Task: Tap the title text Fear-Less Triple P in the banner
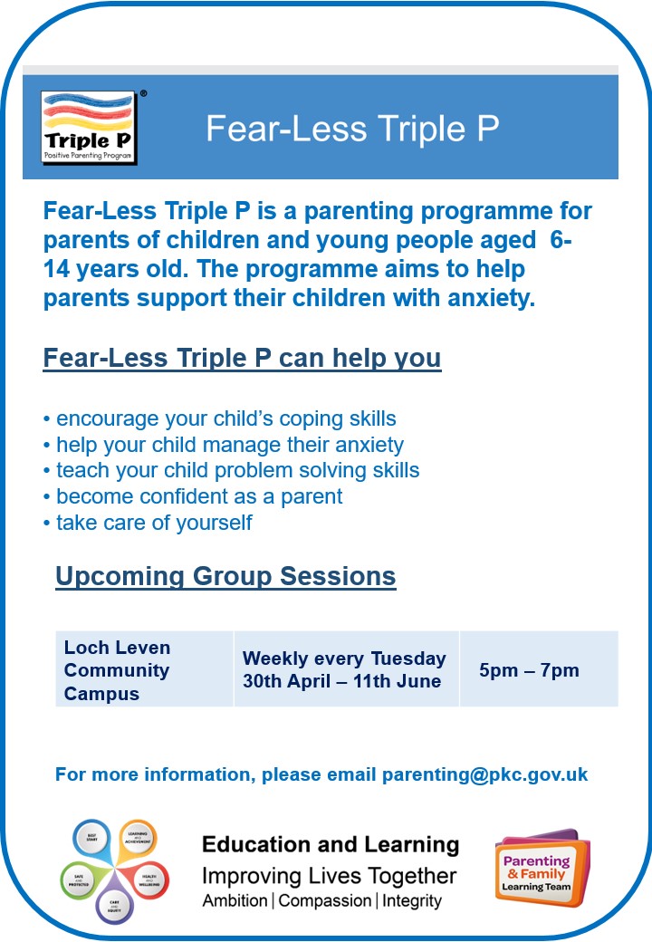(x=352, y=129)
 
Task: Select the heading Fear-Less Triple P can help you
(x=242, y=358)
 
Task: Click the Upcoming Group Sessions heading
(x=225, y=576)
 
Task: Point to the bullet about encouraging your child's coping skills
(x=220, y=419)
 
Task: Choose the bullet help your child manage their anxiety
(x=224, y=446)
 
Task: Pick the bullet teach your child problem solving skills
(x=232, y=471)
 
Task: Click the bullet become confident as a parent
(x=193, y=496)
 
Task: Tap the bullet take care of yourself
(x=148, y=523)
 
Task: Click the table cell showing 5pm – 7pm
(x=529, y=670)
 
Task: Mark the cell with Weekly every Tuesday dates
(x=345, y=670)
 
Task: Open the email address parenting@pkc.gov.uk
(x=484, y=774)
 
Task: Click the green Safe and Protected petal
(x=78, y=877)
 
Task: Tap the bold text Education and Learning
(x=330, y=845)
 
